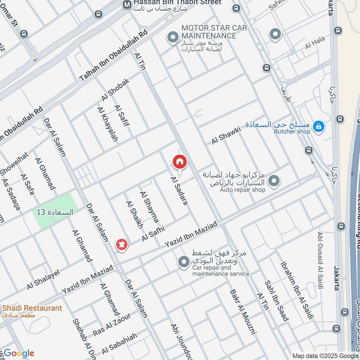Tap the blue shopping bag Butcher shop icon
319,127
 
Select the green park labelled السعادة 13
54,211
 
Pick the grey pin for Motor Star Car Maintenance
172,38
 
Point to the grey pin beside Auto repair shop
273,181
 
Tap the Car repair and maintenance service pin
183,262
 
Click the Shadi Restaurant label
32,308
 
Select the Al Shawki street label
226,135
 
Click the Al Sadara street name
179,191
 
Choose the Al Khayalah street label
107,125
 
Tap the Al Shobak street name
115,90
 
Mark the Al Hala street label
315,43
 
